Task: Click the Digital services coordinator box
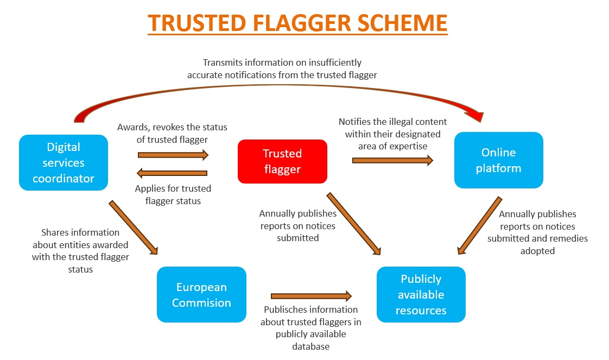pyautogui.click(x=64, y=162)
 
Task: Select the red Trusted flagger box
pyautogui.click(x=282, y=161)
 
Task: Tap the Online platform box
pyautogui.click(x=499, y=160)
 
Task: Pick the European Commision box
pyautogui.click(x=201, y=294)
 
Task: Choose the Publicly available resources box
pyautogui.click(x=421, y=294)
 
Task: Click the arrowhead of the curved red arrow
pyautogui.click(x=477, y=116)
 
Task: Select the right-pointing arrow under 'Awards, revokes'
pyautogui.click(x=173, y=155)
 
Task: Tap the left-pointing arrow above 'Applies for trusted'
pyautogui.click(x=172, y=173)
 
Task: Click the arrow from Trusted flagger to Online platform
pyautogui.click(x=392, y=160)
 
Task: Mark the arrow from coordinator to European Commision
pyautogui.click(x=133, y=228)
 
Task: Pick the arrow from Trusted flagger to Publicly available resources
pyautogui.click(x=353, y=224)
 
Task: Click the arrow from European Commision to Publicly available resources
pyautogui.click(x=311, y=296)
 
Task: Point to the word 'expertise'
pyautogui.click(x=410, y=147)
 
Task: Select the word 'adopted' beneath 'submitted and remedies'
pyautogui.click(x=537, y=251)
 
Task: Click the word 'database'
pyautogui.click(x=310, y=346)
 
